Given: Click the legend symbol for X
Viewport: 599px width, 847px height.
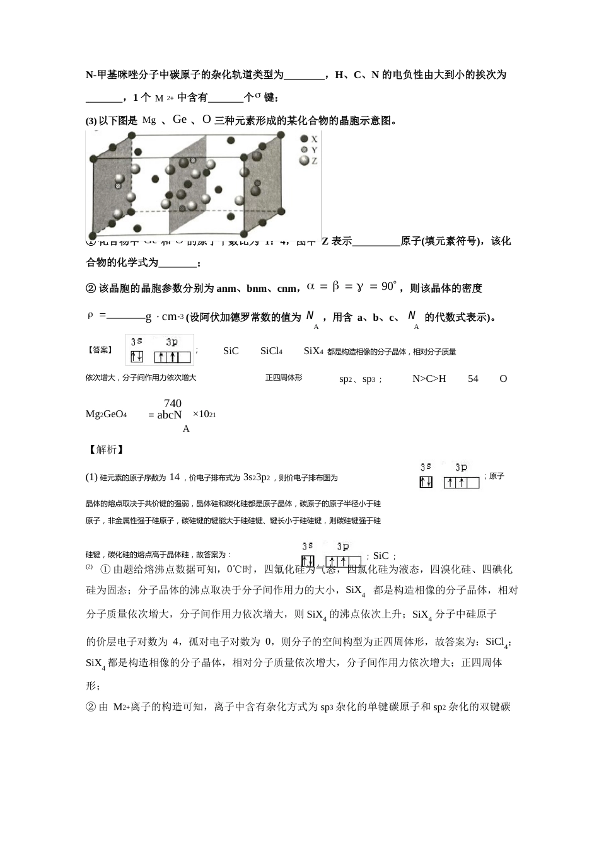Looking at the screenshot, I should pos(305,139).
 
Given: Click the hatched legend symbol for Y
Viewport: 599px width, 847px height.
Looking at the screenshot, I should pos(305,150).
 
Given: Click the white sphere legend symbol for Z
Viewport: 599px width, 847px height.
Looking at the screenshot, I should pos(305,161).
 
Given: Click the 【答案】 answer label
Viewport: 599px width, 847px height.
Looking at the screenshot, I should pos(100,350).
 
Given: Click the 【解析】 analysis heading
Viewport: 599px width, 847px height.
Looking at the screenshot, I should pos(105,449).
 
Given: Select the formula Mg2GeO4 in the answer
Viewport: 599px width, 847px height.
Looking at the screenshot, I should pos(107,414).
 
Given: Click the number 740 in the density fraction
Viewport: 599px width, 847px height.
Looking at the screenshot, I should pos(172,403).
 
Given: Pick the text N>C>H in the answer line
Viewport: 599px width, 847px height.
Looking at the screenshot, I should pos(429,379).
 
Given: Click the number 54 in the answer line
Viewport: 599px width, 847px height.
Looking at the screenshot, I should pos(473,379).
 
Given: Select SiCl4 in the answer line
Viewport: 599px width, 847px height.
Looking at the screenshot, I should pos(271,351).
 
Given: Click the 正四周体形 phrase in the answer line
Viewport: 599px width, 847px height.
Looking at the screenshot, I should pos(284,378).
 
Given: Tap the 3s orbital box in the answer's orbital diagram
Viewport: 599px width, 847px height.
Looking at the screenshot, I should pos(137,357).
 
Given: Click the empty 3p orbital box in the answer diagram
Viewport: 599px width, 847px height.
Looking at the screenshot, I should pos(183,357).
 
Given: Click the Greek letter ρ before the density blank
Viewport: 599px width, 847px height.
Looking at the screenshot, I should pos(90,315).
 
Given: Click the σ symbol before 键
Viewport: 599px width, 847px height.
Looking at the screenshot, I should pos(258,95).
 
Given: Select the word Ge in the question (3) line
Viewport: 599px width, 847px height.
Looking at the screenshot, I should pos(180,119).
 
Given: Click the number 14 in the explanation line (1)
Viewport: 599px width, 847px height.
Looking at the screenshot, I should pos(175,477).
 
